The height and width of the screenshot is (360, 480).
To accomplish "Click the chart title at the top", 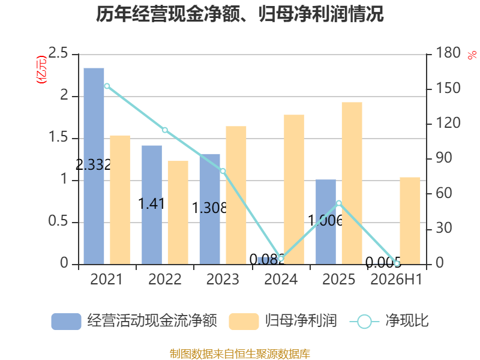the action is tap(239, 14).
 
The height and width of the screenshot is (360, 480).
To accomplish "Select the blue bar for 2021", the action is tap(94, 166).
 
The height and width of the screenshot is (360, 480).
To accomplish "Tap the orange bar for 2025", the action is tap(352, 183).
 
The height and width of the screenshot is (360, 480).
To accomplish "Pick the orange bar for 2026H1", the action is tap(410, 221).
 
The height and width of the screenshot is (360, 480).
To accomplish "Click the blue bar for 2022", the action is tap(152, 205).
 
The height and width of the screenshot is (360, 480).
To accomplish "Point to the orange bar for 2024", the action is tap(294, 190).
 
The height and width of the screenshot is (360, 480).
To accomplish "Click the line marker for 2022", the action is tap(164, 130).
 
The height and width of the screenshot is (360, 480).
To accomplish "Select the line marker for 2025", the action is tap(338, 203).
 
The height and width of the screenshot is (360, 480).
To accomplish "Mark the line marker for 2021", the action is tap(107, 86).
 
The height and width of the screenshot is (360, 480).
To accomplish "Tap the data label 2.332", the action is tap(94, 165).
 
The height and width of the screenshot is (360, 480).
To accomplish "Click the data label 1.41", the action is tap(152, 203).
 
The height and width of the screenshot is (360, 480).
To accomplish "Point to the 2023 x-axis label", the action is tap(223, 279).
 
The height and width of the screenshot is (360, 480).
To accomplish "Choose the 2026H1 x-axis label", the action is tap(397, 279).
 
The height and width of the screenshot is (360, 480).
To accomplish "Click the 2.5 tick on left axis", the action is tap(58, 53).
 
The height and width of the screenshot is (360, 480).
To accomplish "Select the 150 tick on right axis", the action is tap(448, 88).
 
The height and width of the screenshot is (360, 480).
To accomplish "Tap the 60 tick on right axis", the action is tap(444, 193).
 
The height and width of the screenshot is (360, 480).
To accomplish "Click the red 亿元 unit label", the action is tap(41, 70).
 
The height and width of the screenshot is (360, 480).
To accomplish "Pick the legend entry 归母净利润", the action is tap(283, 321).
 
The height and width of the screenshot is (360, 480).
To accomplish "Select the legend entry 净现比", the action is tap(389, 321).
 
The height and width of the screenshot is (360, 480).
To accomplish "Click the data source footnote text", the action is tap(239, 353).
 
